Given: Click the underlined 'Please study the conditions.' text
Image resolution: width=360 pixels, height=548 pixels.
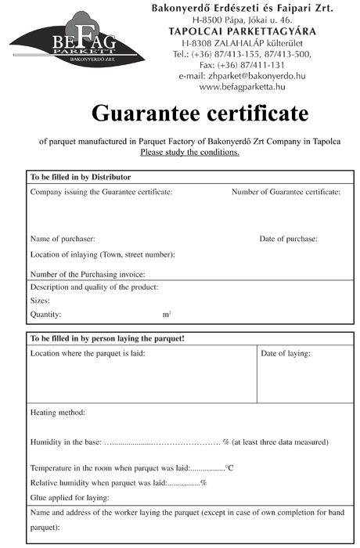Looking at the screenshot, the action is pyautogui.click(x=189, y=152).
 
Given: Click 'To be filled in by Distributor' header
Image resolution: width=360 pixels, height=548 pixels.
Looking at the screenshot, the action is pyautogui.click(x=80, y=177).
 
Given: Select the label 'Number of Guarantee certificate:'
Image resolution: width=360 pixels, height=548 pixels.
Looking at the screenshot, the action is pyautogui.click(x=286, y=192).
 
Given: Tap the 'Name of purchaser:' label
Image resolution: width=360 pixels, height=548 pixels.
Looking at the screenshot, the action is pyautogui.click(x=63, y=239).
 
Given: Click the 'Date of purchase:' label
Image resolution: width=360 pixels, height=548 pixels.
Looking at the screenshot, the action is pyautogui.click(x=288, y=239).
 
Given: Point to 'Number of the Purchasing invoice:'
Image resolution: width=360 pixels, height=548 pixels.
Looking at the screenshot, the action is pyautogui.click(x=88, y=274).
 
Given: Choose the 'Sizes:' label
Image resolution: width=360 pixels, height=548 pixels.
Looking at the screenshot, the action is pyautogui.click(x=40, y=300).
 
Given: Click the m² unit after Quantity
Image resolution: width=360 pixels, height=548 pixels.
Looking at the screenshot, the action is pyautogui.click(x=167, y=313).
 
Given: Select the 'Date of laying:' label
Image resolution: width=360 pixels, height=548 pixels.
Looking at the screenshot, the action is pyautogui.click(x=286, y=354).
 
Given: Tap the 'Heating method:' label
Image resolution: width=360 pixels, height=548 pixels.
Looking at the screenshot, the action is pyautogui.click(x=57, y=412).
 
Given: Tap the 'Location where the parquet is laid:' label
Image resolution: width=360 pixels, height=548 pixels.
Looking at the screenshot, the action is pyautogui.click(x=88, y=354).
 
